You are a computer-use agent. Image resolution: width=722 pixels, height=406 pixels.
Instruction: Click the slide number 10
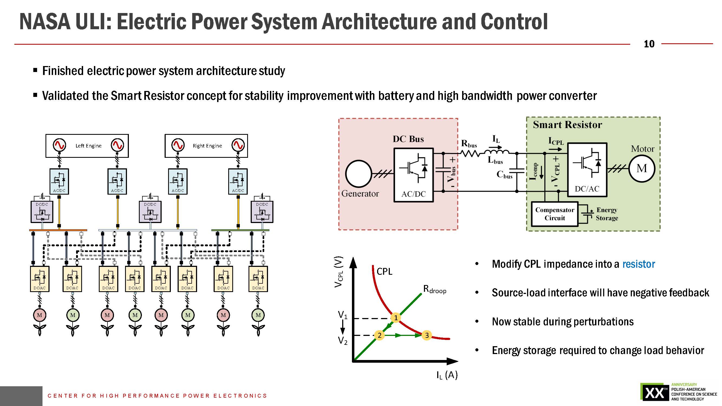pyautogui.click(x=649, y=44)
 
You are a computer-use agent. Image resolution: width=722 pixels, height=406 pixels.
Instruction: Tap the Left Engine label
pyautogui.click(x=88, y=146)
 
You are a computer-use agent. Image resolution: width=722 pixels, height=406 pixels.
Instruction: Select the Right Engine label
pyautogui.click(x=207, y=146)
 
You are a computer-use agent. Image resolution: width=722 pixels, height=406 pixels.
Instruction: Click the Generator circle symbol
pyautogui.click(x=358, y=173)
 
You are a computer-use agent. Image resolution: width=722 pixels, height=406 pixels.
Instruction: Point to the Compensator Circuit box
pyautogui.click(x=554, y=214)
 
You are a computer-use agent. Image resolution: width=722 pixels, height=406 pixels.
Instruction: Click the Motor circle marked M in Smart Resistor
pyautogui.click(x=642, y=169)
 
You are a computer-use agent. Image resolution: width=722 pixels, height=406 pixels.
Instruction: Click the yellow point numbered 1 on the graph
pyautogui.click(x=396, y=317)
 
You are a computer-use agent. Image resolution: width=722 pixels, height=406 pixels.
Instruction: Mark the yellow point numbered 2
pyautogui.click(x=379, y=335)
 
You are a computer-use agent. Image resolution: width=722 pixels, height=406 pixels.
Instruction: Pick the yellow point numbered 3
pyautogui.click(x=427, y=335)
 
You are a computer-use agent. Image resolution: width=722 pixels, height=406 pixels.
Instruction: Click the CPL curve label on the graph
pyautogui.click(x=384, y=271)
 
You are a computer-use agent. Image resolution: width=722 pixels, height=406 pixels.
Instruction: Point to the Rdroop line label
pyautogui.click(x=434, y=289)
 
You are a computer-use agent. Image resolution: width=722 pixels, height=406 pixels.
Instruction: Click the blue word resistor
pyautogui.click(x=638, y=264)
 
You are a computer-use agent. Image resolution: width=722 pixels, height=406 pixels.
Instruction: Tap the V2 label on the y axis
pyautogui.click(x=342, y=340)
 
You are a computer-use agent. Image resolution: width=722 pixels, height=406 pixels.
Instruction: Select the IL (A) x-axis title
pyautogui.click(x=447, y=375)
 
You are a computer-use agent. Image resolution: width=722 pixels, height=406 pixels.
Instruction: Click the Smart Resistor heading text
pyautogui.click(x=567, y=125)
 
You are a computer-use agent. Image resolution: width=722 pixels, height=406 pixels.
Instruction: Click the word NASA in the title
pyautogui.click(x=45, y=22)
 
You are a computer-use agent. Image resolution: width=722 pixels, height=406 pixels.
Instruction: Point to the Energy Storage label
pyautogui.click(x=607, y=214)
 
